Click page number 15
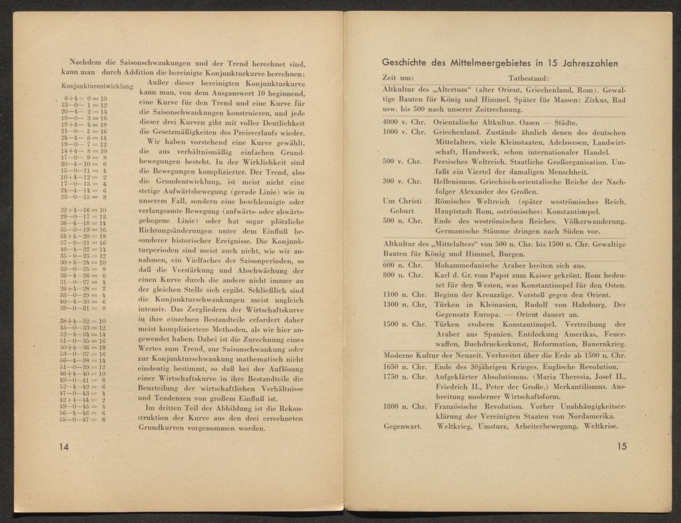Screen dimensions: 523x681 pyautogui.click(x=621, y=446)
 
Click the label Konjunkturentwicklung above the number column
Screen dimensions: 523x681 pyautogui.click(x=97, y=86)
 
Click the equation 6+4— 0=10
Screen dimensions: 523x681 pyautogui.click(x=86, y=98)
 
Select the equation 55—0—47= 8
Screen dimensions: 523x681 pyautogui.click(x=86, y=419)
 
